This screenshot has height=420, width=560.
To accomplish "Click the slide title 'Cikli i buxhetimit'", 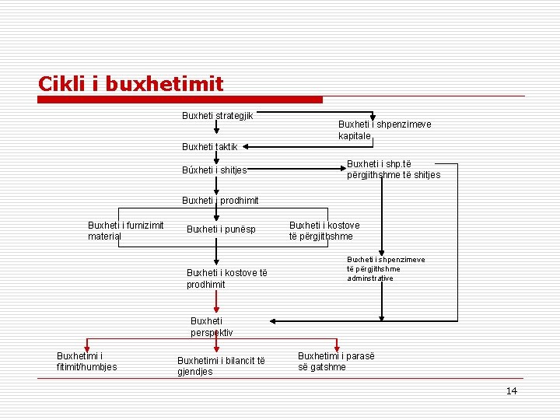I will pos(131,83).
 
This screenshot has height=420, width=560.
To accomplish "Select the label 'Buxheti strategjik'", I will pos(217,116).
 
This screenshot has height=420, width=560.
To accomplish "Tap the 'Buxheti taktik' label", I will pos(209,146).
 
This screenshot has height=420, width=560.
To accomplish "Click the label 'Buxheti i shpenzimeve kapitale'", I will pos(384,130).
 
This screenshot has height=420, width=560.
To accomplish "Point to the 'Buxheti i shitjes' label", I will pos(215,170).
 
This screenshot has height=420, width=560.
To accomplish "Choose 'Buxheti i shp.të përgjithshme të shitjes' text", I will pos(393,169).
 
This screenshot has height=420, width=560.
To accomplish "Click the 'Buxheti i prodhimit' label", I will pos(220,200).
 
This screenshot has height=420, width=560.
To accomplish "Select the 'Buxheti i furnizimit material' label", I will pos(125,231).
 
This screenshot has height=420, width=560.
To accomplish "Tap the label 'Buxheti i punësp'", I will pos(221,229).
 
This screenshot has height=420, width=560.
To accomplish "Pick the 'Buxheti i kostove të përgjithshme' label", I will pos(324,231).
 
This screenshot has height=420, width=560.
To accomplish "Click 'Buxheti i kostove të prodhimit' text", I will pos(226,278).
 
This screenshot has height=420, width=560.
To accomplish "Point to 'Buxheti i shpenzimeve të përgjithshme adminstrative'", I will pos(386,268).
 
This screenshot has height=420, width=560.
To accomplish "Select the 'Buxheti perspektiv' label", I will pos(211,327).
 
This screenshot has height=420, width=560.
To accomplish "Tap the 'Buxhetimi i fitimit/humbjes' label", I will pos(87,361).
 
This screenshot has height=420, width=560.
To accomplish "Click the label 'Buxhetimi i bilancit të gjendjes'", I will pos(221,366).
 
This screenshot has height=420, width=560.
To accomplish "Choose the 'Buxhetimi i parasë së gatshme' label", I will pos(335,361).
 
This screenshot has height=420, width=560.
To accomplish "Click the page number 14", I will pos(511,390).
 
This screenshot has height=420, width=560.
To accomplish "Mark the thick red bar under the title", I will pos(180,100).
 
